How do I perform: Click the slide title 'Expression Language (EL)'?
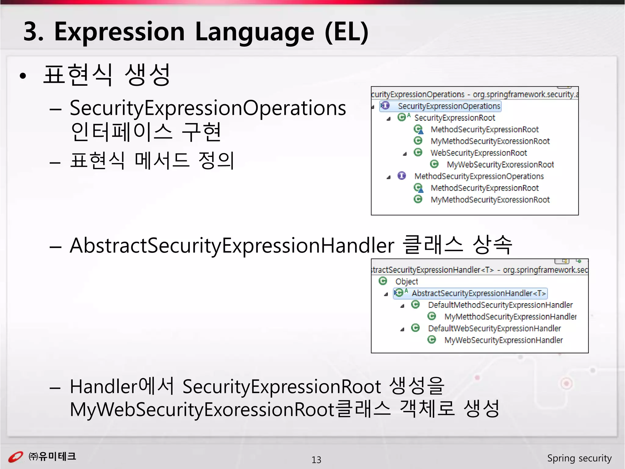[x=211, y=32]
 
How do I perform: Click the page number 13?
[x=316, y=460]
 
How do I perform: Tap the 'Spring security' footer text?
[x=579, y=458]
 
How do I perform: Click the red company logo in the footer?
[x=15, y=457]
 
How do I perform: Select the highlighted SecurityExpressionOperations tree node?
[x=449, y=106]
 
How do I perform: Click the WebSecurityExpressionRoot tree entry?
[x=478, y=153]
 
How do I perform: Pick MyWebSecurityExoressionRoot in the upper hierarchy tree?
[x=500, y=165]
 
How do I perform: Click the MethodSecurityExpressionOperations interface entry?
[x=479, y=176]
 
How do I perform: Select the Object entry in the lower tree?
[x=406, y=281]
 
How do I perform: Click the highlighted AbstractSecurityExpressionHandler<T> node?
[x=478, y=293]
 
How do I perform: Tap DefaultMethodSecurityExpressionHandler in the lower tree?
[x=500, y=305]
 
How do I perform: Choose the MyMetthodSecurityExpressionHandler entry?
[x=510, y=317]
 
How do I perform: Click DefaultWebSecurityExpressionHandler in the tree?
[x=494, y=328]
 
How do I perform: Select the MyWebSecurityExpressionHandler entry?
[x=503, y=340]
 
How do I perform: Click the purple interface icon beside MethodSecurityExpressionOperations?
[x=402, y=176]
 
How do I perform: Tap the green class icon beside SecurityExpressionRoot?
[x=402, y=117]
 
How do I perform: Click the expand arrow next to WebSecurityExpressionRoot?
[x=405, y=154]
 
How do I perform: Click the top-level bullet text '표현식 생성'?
[x=107, y=75]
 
